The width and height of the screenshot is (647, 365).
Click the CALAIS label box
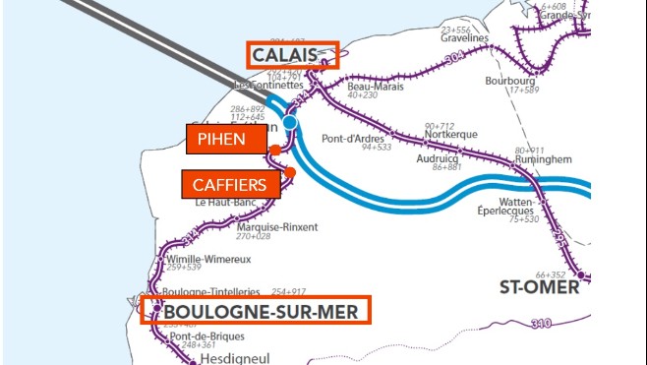(x=291, y=55)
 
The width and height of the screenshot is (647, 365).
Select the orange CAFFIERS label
(x=230, y=184)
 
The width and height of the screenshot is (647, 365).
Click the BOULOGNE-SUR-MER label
(x=257, y=311)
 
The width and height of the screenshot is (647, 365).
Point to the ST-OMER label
(x=539, y=288)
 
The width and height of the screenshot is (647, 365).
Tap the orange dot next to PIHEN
(x=275, y=150)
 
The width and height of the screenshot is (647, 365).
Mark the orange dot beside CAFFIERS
(x=290, y=173)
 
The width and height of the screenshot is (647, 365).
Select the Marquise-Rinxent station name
(x=277, y=226)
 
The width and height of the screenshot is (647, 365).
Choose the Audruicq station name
(x=438, y=156)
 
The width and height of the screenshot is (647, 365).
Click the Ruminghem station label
(x=536, y=158)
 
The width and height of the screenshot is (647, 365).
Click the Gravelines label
(x=465, y=37)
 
